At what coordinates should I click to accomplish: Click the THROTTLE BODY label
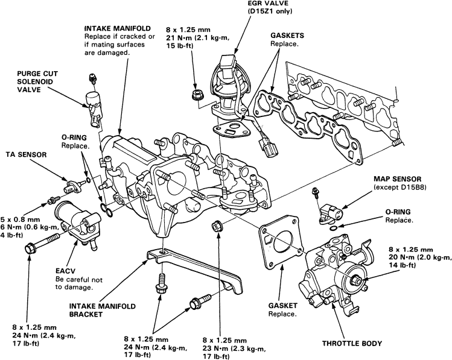coord(352,343)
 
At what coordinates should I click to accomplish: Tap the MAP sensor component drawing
coord(330,210)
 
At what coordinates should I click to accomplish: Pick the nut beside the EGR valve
coord(196,94)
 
